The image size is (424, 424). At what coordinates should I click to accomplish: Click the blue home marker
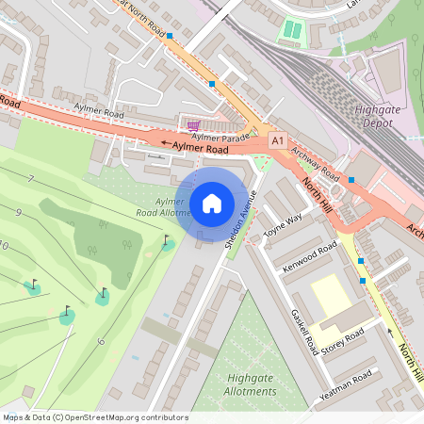click(212, 203)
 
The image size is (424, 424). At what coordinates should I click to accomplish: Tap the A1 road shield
click(277, 140)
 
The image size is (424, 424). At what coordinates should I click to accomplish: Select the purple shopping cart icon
click(193, 125)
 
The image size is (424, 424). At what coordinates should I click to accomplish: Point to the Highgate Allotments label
click(251, 384)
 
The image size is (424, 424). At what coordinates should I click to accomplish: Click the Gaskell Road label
click(303, 332)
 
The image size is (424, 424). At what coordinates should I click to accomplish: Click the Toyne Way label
click(283, 227)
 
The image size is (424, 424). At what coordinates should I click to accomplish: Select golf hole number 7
click(31, 179)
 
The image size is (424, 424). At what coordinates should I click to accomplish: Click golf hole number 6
click(100, 340)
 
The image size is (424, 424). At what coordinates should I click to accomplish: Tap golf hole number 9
click(18, 213)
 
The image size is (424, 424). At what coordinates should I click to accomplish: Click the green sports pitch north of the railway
click(292, 30)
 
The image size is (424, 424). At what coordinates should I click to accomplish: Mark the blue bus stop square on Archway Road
click(351, 179)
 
